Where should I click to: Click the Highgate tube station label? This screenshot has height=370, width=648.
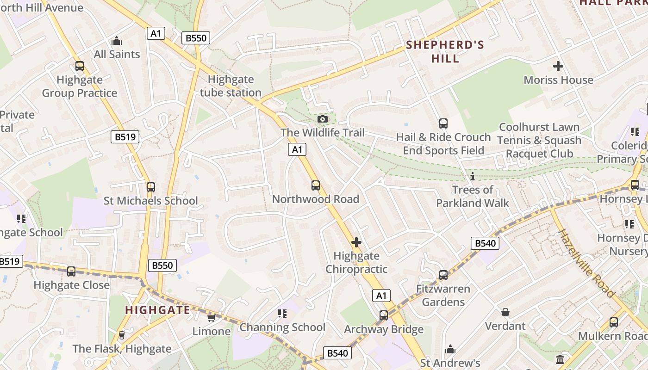click(231, 86)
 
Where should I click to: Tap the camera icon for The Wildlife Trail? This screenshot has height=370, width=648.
click(323, 119)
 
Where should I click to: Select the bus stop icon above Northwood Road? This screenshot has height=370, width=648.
click(316, 185)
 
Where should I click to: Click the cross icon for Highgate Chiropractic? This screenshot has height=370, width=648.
click(356, 242)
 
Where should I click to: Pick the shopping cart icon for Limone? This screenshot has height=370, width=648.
click(212, 318)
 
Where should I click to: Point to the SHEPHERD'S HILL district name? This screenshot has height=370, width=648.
click(445, 51)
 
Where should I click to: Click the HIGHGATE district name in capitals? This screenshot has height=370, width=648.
click(158, 310)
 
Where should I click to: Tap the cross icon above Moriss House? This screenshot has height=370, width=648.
click(558, 66)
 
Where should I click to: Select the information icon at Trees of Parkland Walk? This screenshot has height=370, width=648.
click(473, 176)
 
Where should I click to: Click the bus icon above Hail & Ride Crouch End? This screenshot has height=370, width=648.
click(443, 123)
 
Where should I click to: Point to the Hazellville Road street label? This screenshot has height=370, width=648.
click(586, 263)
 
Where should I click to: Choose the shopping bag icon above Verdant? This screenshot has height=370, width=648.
click(505, 312)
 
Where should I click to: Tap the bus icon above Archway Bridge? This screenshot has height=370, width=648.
click(384, 315)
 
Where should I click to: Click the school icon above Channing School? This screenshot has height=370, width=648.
click(282, 314)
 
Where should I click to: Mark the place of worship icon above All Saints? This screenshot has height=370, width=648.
click(117, 41)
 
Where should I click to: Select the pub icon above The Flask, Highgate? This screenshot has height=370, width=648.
click(122, 335)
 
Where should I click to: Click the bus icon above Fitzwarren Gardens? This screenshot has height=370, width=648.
click(443, 275)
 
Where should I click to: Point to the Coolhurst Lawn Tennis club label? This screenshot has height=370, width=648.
click(539, 140)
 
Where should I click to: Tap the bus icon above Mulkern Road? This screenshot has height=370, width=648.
click(614, 322)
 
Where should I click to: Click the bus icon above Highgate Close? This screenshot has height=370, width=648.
click(71, 271)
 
